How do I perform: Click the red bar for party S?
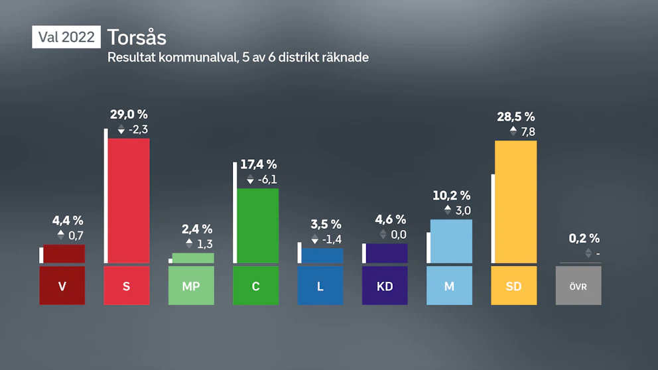[129, 201]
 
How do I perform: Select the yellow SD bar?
[516, 202]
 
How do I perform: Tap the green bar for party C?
[257, 225]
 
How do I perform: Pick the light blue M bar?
[451, 241]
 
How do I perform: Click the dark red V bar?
[64, 254]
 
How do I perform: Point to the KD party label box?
[385, 286]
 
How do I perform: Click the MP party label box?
[191, 286]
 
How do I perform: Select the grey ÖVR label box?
[578, 286]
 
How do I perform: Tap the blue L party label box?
[320, 286]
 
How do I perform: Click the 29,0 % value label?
[129, 114]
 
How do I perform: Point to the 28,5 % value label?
[516, 117]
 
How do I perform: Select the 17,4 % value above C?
[259, 164]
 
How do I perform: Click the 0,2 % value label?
[584, 238]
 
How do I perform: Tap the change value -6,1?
[267, 180]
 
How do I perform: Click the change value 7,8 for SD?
[528, 132]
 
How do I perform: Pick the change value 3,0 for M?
[463, 210]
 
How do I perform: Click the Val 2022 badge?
[66, 37]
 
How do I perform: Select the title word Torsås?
[137, 37]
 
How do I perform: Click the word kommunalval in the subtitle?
[198, 57]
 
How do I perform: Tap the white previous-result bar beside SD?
[493, 219]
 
